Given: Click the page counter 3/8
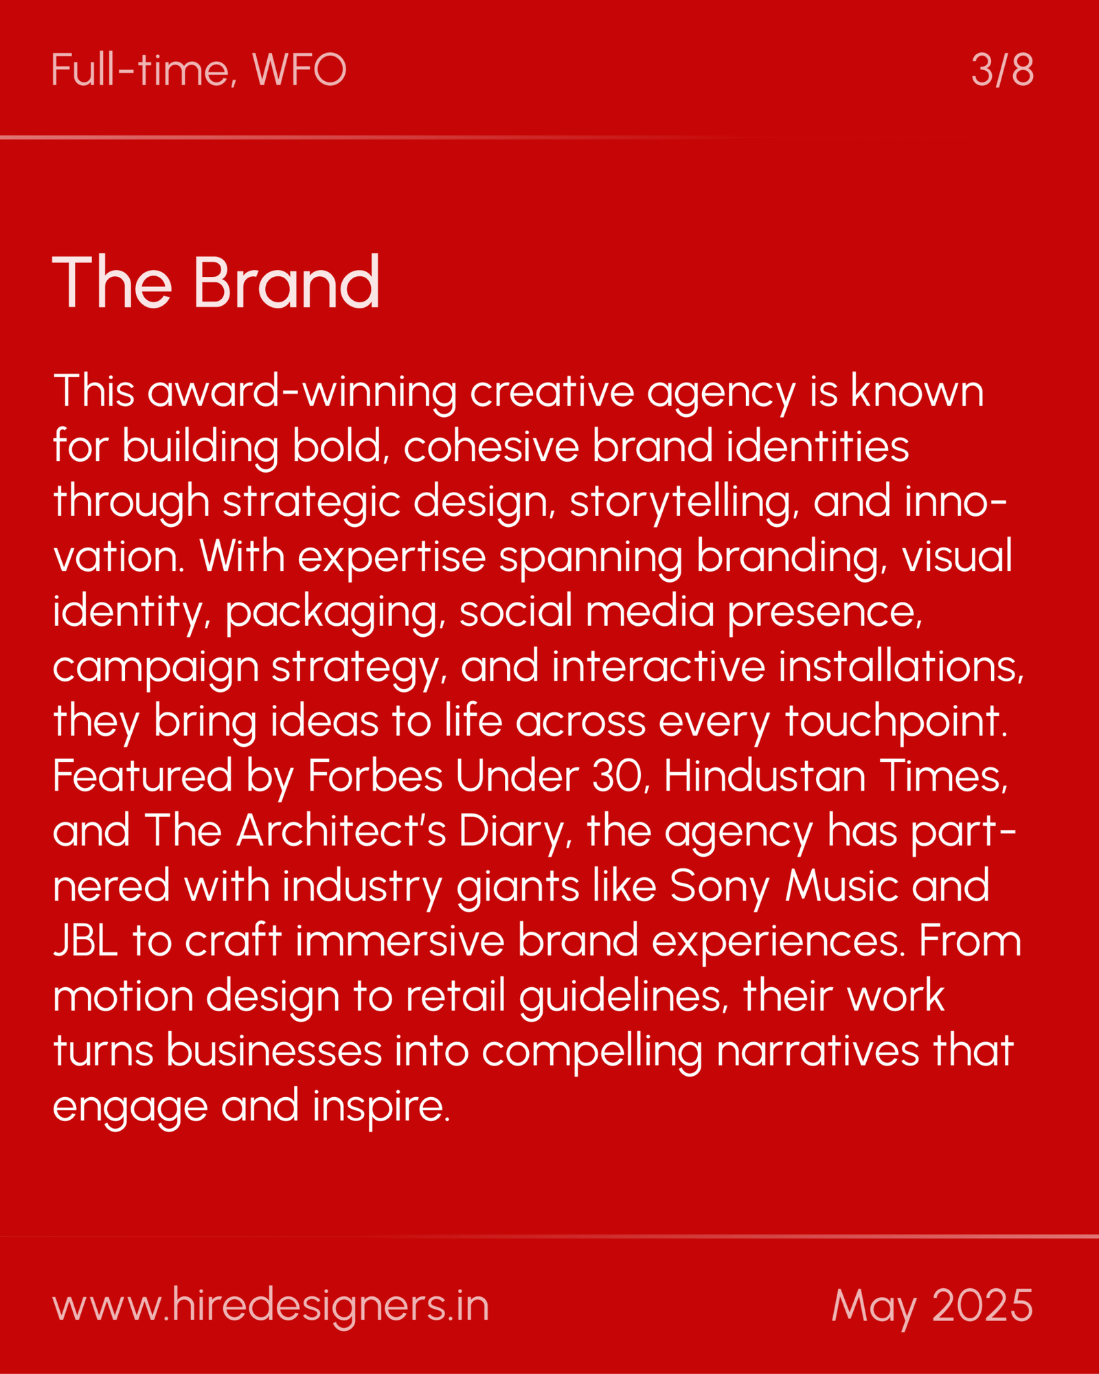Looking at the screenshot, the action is click(x=1002, y=69).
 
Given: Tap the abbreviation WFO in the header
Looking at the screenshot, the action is click(x=299, y=69).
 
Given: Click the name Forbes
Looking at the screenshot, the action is click(x=375, y=776).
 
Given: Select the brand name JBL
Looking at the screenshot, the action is click(x=86, y=941).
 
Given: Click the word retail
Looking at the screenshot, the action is click(x=455, y=996).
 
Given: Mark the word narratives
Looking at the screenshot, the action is click(x=817, y=1051).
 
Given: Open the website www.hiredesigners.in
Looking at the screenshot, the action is click(x=271, y=1306).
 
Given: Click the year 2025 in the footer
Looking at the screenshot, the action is click(x=982, y=1305).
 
